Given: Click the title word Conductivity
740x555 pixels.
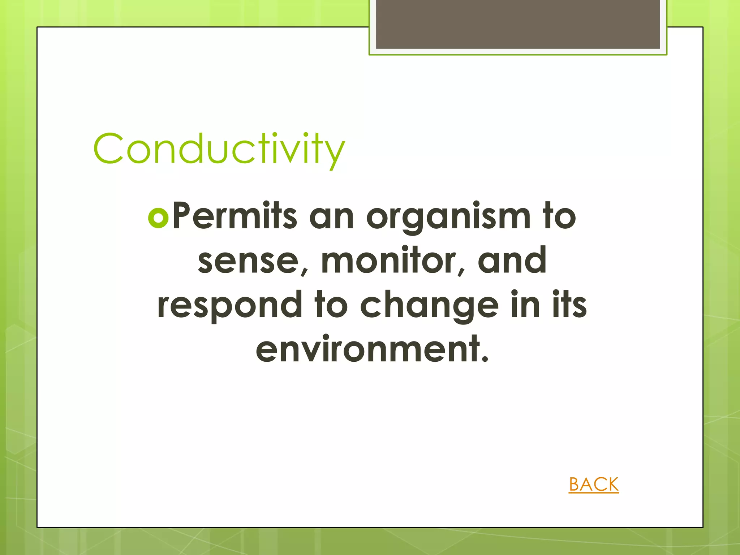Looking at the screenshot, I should [x=219, y=149].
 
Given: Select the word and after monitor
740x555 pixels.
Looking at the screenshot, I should [x=512, y=260].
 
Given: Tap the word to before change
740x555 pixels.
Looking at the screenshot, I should [x=331, y=305].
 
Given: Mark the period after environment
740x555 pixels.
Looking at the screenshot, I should [x=485, y=359].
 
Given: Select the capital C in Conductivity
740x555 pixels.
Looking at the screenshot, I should [x=108, y=149].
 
